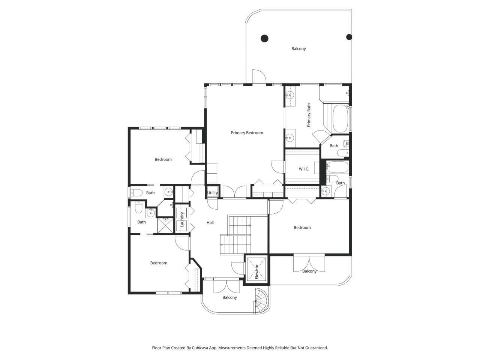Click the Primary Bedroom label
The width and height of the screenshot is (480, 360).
[x=247, y=133]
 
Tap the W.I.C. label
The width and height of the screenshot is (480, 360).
[x=304, y=169]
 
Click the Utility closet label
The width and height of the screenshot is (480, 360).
[x=212, y=193]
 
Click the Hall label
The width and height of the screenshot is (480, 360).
[x=210, y=223]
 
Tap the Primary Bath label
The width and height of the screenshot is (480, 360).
[x=309, y=115]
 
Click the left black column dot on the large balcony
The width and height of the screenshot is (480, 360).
[x=264, y=38]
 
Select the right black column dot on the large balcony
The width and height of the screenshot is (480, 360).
[x=349, y=37]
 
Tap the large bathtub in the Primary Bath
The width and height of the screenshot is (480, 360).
[x=340, y=118]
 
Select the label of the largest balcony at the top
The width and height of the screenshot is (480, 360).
[x=298, y=49]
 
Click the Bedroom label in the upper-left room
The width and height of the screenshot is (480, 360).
[x=163, y=159]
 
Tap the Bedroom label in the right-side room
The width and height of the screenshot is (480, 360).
[x=302, y=228]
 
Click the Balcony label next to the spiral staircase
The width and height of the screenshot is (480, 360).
[x=229, y=297]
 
